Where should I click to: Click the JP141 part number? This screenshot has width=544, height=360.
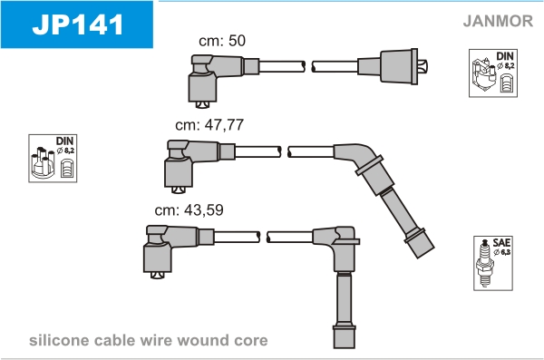click(78, 24)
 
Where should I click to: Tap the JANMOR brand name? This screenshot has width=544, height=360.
click(498, 21)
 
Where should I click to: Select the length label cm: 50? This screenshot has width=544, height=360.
click(222, 41)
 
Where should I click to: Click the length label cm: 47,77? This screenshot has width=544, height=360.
click(209, 125)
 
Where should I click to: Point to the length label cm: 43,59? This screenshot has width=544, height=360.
click(189, 210)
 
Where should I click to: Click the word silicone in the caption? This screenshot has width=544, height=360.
click(59, 340)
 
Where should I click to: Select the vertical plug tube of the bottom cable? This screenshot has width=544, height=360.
click(344, 309)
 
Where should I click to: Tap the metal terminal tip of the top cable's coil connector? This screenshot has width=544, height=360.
click(423, 66)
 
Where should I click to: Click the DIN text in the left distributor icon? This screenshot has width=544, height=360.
click(65, 141)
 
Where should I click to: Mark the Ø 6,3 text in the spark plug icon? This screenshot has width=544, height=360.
click(502, 252)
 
